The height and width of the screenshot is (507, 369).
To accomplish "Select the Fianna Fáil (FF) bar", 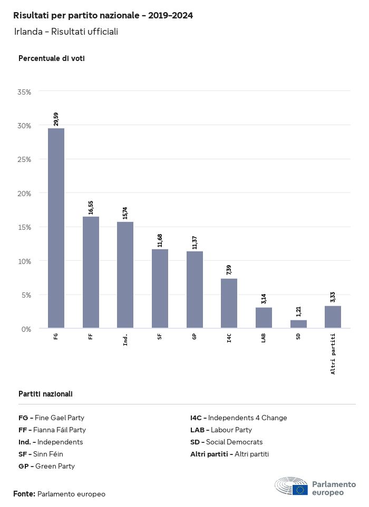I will click(x=91, y=272).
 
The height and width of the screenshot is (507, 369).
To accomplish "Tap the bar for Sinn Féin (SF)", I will click(x=160, y=288).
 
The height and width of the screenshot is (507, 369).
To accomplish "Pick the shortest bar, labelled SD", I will click(x=298, y=324).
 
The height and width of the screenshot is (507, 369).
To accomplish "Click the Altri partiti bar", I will click(x=333, y=317).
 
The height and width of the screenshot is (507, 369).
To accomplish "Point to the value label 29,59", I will click(x=56, y=119).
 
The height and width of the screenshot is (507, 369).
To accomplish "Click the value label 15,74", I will click(x=125, y=212).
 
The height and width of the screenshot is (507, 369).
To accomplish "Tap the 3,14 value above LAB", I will click(x=264, y=299).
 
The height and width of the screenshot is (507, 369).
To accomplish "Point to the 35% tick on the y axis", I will click(x=25, y=92).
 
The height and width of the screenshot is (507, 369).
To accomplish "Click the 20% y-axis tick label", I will click(x=25, y=194).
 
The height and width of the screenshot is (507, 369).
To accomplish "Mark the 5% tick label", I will click(x=26, y=295).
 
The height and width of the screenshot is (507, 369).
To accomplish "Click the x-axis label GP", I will click(x=195, y=336).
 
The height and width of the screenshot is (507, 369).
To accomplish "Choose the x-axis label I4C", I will click(x=229, y=338).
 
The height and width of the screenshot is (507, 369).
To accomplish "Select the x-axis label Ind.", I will click(x=125, y=339).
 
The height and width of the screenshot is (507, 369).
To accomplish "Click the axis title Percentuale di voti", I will click(x=52, y=58).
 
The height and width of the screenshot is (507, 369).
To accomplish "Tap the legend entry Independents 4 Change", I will click(x=239, y=418).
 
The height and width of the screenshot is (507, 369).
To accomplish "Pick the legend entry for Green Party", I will click(x=46, y=466).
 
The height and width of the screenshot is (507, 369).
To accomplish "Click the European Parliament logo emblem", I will click(x=291, y=487).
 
